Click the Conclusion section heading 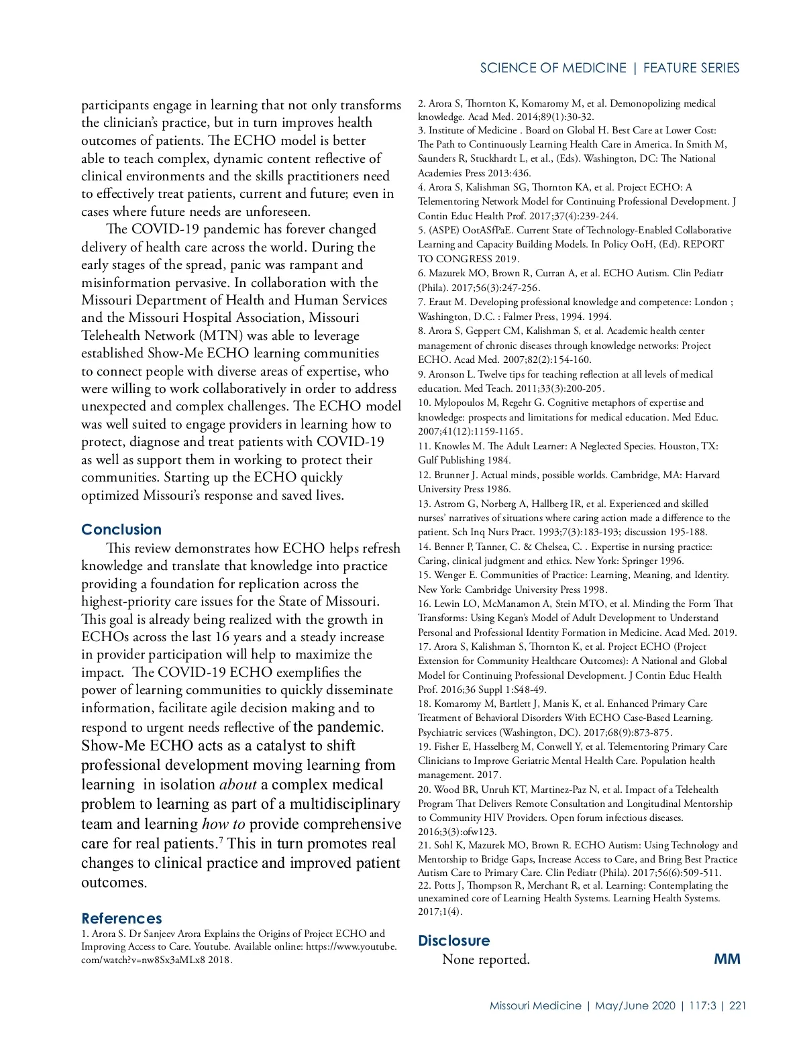pyautogui.click(x=121, y=530)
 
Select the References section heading pyautogui.click(x=121, y=918)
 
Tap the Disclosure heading pyautogui.click(x=453, y=940)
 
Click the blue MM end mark pyautogui.click(x=727, y=959)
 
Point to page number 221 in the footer pyautogui.click(x=738, y=1005)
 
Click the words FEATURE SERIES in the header pyautogui.click(x=691, y=68)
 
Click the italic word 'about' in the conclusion pyautogui.click(x=238, y=785)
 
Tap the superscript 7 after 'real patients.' pyautogui.click(x=221, y=840)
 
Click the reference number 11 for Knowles pyautogui.click(x=424, y=446)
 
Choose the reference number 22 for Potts pyautogui.click(x=424, y=885)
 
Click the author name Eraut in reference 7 pyautogui.click(x=443, y=302)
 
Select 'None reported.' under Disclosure pyautogui.click(x=486, y=960)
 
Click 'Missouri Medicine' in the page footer pyautogui.click(x=535, y=1005)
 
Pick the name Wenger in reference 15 pyautogui.click(x=451, y=575)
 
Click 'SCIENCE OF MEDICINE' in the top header pyautogui.click(x=553, y=68)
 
